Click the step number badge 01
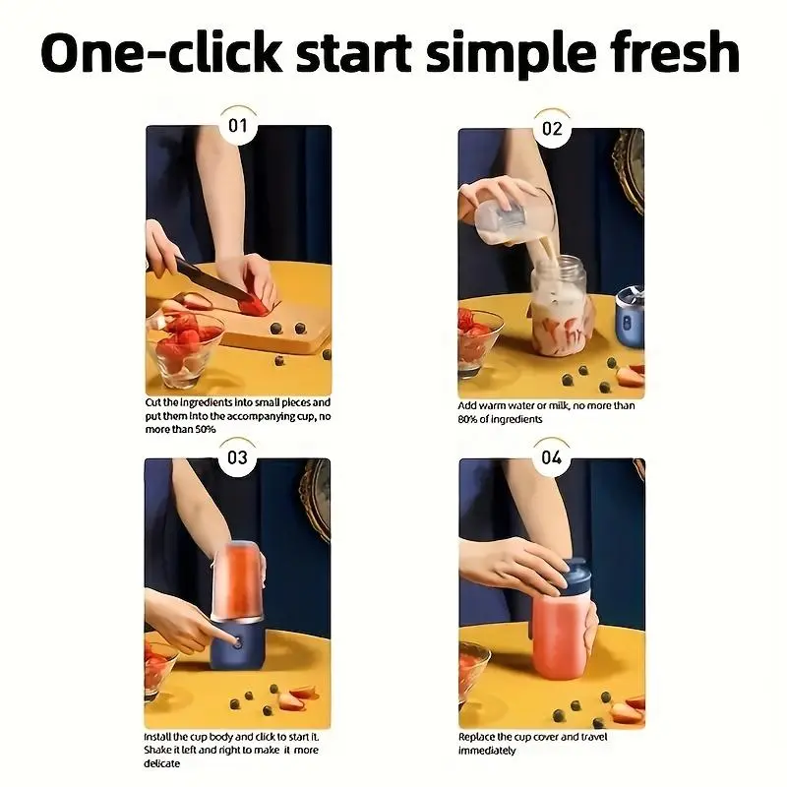tap(238, 126)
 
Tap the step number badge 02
tap(552, 129)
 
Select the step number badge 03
tap(237, 457)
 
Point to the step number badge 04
tap(552, 457)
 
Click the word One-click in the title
tap(161, 52)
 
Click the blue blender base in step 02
tap(631, 318)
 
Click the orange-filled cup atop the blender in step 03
tap(238, 581)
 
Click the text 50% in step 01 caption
tap(206, 429)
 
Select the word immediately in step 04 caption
tap(487, 751)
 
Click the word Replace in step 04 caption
tap(476, 737)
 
